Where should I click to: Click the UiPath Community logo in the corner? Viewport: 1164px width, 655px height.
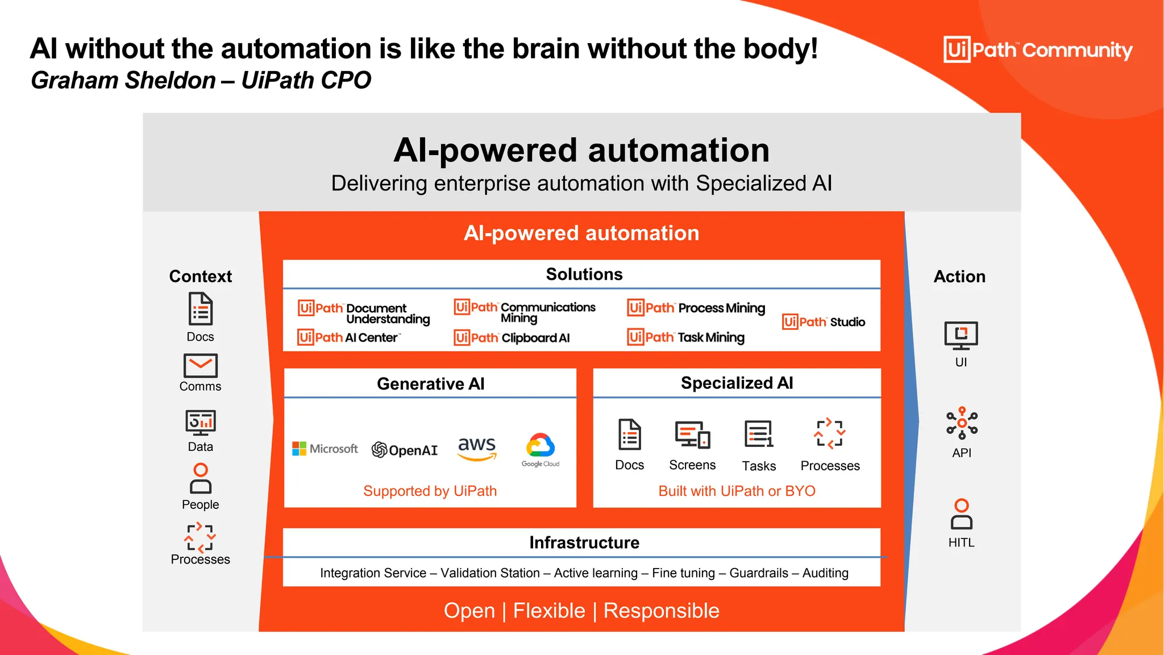pyautogui.click(x=1038, y=50)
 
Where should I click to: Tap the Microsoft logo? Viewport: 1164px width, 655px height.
pyautogui.click(x=325, y=449)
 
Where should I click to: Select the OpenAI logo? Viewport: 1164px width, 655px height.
pyautogui.click(x=405, y=450)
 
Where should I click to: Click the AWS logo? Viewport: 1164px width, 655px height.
pyautogui.click(x=477, y=447)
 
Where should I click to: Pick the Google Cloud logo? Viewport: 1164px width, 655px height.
pyautogui.click(x=541, y=449)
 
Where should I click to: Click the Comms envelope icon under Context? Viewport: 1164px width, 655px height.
pyautogui.click(x=200, y=366)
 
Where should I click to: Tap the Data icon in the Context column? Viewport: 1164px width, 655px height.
pyautogui.click(x=200, y=422)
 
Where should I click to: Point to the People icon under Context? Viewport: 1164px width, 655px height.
pyautogui.click(x=200, y=478)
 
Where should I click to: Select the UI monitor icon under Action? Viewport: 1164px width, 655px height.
pyautogui.click(x=961, y=335)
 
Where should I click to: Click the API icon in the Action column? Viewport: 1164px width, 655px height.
pyautogui.click(x=961, y=423)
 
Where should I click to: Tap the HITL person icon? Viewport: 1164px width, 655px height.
pyautogui.click(x=961, y=514)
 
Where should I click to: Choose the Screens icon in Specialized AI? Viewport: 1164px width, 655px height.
pyautogui.click(x=692, y=435)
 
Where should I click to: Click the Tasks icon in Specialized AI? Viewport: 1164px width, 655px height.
pyautogui.click(x=759, y=434)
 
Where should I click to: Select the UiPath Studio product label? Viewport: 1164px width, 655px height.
pyautogui.click(x=824, y=322)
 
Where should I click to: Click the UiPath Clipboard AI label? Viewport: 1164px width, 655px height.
pyautogui.click(x=512, y=338)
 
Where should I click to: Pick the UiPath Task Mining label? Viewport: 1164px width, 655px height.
pyautogui.click(x=686, y=337)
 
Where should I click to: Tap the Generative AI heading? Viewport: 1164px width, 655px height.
pyautogui.click(x=430, y=384)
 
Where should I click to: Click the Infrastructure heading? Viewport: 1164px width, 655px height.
pyautogui.click(x=584, y=542)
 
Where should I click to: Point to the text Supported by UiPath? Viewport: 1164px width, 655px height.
pyautogui.click(x=430, y=491)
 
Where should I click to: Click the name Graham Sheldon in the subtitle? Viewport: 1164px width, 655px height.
pyautogui.click(x=123, y=80)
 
